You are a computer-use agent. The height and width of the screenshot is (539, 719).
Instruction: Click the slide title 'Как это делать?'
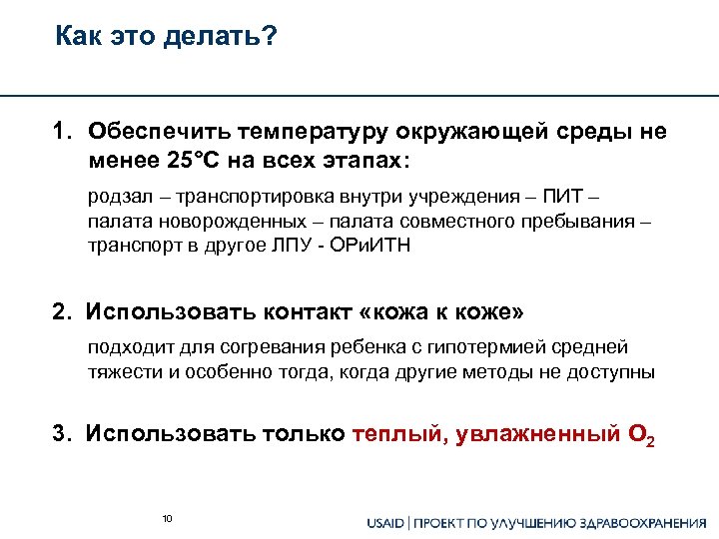(167, 38)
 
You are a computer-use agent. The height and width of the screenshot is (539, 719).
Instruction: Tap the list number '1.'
(65, 132)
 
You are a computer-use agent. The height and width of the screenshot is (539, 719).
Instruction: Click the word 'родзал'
(116, 198)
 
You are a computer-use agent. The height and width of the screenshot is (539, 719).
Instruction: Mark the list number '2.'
(64, 312)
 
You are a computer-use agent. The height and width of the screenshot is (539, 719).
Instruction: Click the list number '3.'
(64, 435)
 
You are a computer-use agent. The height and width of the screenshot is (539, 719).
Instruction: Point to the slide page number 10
(167, 518)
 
